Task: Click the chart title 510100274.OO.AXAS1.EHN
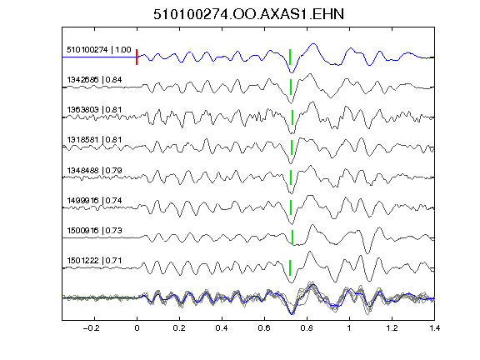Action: [248, 14]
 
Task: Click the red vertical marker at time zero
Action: [137, 57]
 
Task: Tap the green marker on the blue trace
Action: [290, 57]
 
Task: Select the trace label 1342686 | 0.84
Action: [94, 80]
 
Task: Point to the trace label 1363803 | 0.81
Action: [94, 110]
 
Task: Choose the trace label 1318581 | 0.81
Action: [94, 140]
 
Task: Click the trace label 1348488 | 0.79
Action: [94, 170]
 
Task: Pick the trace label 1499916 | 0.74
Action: [94, 201]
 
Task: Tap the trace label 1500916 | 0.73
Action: [94, 230]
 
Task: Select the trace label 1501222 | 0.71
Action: [94, 261]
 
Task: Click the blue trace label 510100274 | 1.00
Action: [99, 50]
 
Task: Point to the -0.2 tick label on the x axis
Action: [91, 328]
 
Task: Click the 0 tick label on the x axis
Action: [137, 328]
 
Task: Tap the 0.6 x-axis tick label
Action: [264, 328]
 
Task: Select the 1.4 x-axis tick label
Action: [434, 328]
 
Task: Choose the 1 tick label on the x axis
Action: [349, 328]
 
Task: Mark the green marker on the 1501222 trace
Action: [290, 267]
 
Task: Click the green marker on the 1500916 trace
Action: [292, 237]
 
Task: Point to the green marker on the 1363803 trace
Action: [292, 117]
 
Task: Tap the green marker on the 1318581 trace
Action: [292, 147]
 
